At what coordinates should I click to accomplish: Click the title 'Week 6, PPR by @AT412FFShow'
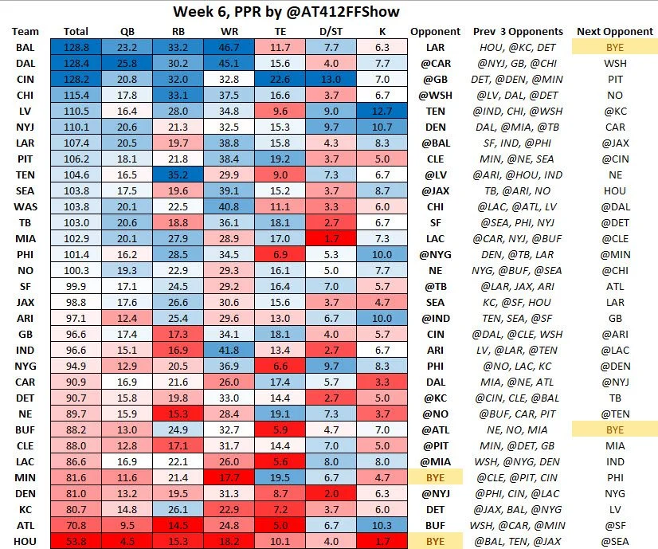tap(286, 12)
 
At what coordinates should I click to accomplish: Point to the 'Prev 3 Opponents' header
tap(518, 31)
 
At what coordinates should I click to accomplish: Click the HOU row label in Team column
tap(25, 540)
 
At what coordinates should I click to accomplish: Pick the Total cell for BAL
tap(76, 48)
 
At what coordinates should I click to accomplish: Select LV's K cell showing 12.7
tap(383, 111)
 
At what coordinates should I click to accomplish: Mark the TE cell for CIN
tap(284, 80)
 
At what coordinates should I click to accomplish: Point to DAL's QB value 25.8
tap(127, 64)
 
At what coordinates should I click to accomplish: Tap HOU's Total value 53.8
tap(76, 540)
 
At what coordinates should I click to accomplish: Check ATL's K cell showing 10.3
tap(383, 524)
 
